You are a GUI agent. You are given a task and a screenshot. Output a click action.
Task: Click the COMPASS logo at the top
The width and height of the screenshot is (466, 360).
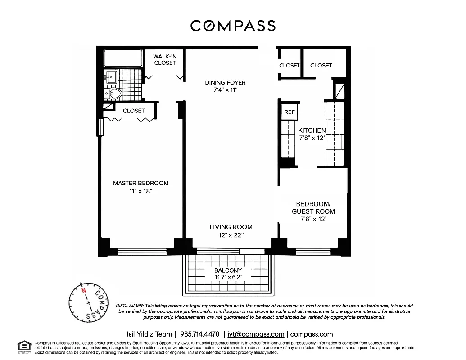233,26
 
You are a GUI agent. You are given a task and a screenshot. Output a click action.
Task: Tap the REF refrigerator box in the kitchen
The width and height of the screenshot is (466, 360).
289,112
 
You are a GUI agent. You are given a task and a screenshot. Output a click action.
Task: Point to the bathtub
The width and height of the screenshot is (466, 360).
122,58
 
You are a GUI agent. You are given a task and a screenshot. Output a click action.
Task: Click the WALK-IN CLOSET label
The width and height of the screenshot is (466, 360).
165,59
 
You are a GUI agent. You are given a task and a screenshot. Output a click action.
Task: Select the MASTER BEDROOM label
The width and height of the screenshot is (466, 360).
140,183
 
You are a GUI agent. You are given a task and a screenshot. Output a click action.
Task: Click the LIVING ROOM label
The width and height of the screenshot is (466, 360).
231,227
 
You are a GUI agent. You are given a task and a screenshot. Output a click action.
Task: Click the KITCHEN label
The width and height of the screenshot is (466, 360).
312,130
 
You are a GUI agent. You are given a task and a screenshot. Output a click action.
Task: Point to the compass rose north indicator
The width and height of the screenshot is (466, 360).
83,290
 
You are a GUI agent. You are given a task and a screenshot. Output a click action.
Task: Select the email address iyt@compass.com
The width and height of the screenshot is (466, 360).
256,334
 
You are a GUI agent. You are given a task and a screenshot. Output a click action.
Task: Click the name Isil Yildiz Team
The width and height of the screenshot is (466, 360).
149,334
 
